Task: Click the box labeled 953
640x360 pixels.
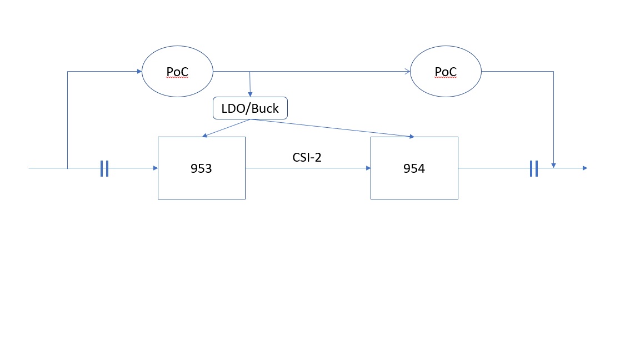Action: [201, 183]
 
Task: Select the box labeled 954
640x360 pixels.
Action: [414, 183]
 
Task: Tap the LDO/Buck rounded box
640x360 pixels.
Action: [250, 108]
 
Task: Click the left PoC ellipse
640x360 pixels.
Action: [178, 72]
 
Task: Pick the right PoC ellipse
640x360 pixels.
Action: [446, 72]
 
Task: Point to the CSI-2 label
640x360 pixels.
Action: [307, 157]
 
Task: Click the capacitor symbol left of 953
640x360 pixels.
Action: [104, 168]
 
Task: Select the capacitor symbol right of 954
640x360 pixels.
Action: [533, 168]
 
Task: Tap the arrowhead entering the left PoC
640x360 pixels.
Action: [139, 72]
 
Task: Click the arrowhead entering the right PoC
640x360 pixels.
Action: [407, 72]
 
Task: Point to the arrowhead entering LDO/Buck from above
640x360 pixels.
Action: [250, 94]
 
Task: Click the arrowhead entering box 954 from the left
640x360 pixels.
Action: [367, 168]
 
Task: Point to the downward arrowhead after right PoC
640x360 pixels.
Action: [553, 164]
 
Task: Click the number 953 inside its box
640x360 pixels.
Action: [201, 169]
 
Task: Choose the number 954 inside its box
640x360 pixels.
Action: [414, 169]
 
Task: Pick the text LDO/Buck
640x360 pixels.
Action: [250, 108]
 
